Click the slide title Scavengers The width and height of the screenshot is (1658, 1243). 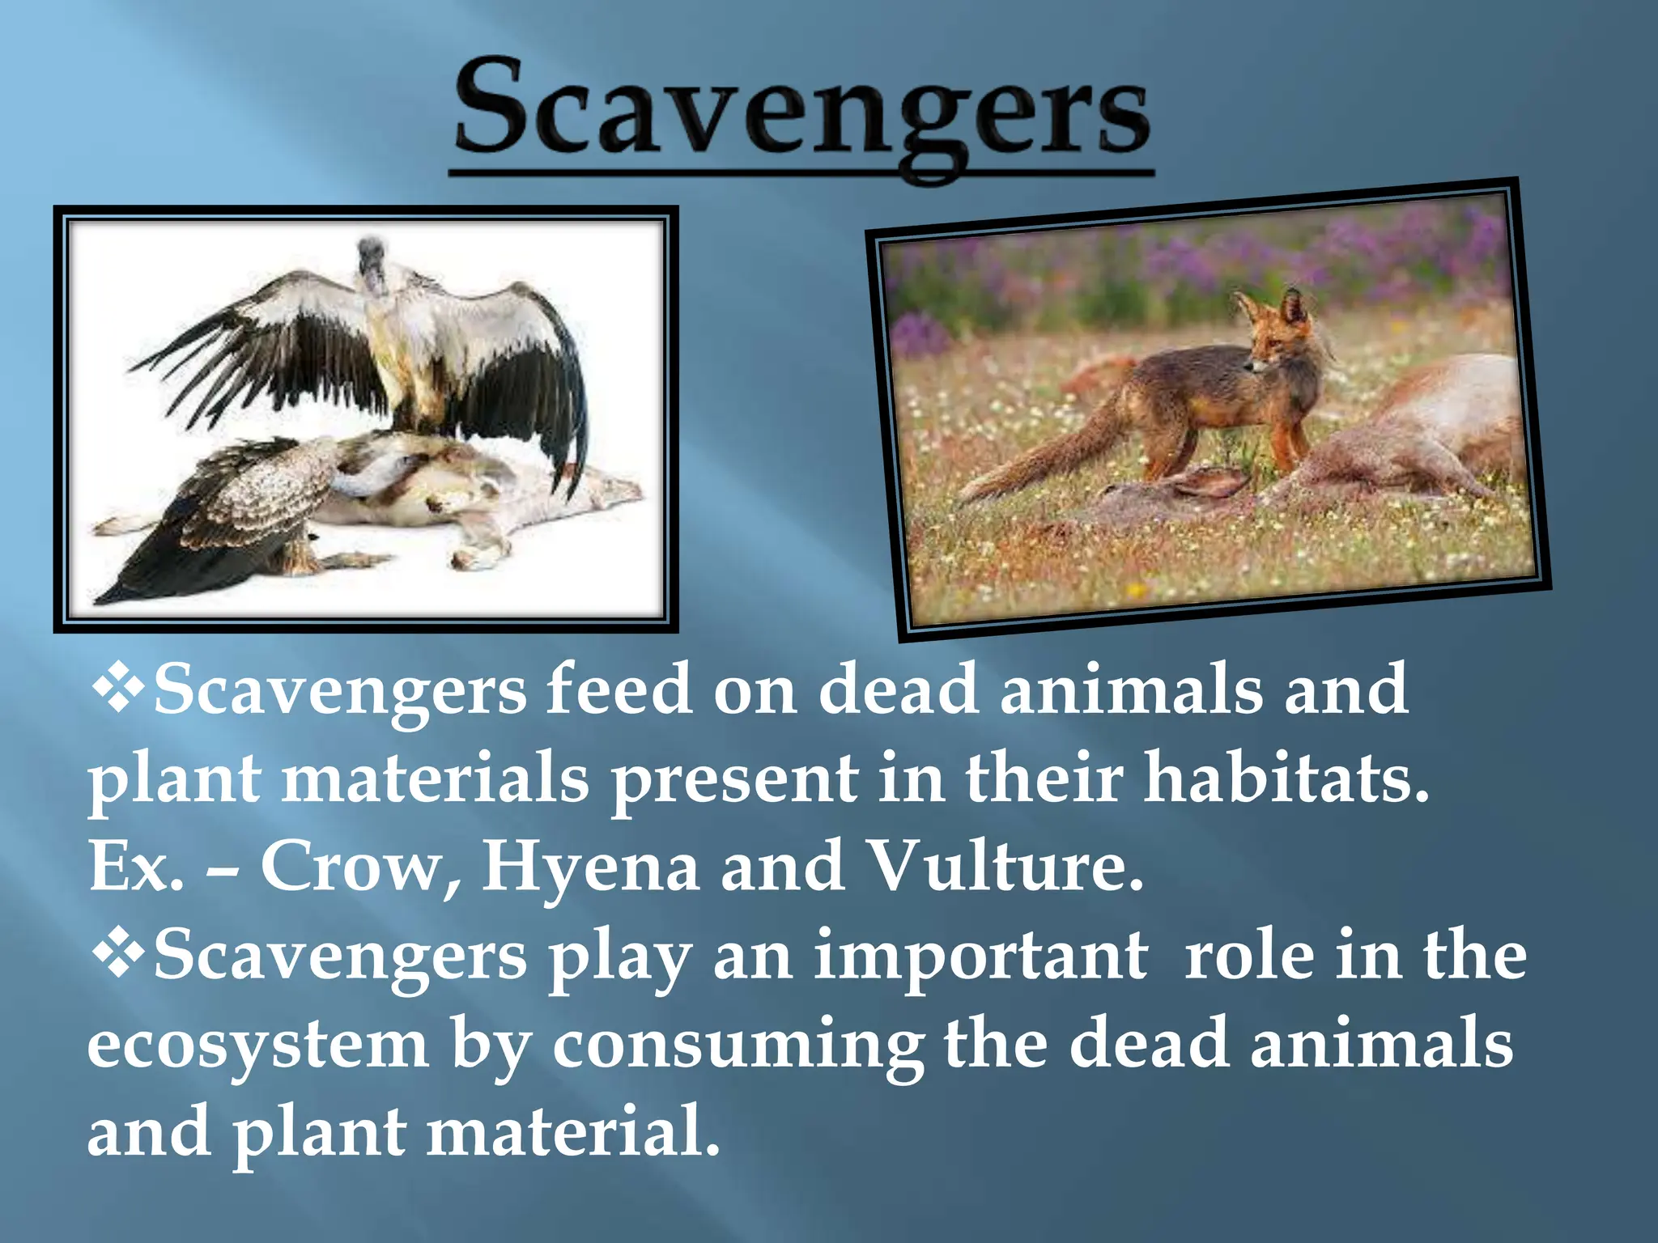coord(801,109)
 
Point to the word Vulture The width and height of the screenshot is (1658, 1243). coord(1004,866)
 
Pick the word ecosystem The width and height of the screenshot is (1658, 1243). coord(257,1046)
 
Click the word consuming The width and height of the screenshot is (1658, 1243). coord(738,1046)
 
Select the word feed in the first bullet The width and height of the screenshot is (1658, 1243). coord(619,689)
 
